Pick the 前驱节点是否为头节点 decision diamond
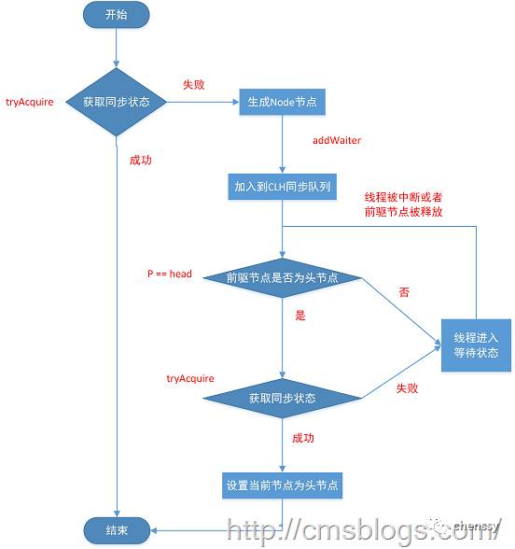tap(282, 277)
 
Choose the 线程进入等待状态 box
tap(476, 345)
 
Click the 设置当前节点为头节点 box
tap(281, 485)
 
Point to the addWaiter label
tap(336, 140)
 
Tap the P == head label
tap(170, 274)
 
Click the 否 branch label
tap(404, 292)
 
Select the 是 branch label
tap(300, 316)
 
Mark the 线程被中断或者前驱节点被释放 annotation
tap(403, 204)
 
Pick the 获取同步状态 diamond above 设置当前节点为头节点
tap(282, 399)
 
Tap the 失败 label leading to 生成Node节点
tap(194, 84)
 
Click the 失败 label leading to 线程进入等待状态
tap(407, 387)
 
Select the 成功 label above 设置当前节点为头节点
tap(304, 438)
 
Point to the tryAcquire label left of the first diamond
tap(30, 101)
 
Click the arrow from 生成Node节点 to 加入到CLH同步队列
tap(281, 145)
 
